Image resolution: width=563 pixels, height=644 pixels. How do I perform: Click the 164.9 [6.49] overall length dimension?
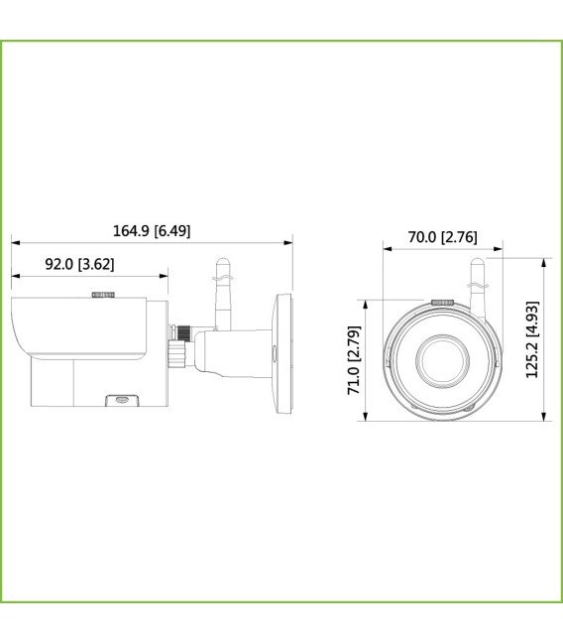[x=152, y=230]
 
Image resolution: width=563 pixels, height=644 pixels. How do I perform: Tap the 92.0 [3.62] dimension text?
[x=80, y=264]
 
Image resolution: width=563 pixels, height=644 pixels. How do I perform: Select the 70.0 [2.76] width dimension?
[x=442, y=237]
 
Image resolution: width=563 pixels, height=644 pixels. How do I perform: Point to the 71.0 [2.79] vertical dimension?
[x=354, y=360]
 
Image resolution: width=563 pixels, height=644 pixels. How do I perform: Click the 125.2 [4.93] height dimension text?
[x=532, y=339]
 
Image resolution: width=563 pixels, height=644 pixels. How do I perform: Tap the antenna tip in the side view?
[x=222, y=262]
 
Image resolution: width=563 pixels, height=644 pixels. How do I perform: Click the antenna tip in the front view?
[x=477, y=262]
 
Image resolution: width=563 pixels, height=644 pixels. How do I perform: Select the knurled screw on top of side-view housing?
[x=103, y=294]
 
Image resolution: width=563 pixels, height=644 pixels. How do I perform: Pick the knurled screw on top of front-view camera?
[x=442, y=301]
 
